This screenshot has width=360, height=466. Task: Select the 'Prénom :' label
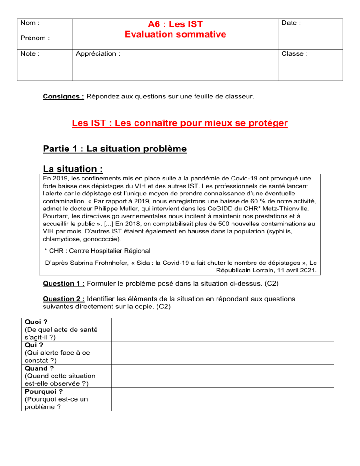click(x=35, y=37)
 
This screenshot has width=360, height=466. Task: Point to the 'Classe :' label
click(x=294, y=53)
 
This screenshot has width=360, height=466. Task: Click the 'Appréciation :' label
click(x=98, y=53)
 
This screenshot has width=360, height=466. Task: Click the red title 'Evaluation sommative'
click(x=175, y=34)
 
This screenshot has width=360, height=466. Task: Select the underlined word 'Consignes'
click(x=63, y=97)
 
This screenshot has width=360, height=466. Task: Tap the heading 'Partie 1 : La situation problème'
click(x=114, y=149)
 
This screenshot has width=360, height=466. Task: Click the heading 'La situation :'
click(x=73, y=168)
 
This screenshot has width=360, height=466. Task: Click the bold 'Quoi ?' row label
click(x=33, y=322)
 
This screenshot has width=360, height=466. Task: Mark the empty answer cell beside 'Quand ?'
click(x=222, y=376)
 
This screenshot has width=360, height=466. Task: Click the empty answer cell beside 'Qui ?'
click(x=222, y=353)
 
